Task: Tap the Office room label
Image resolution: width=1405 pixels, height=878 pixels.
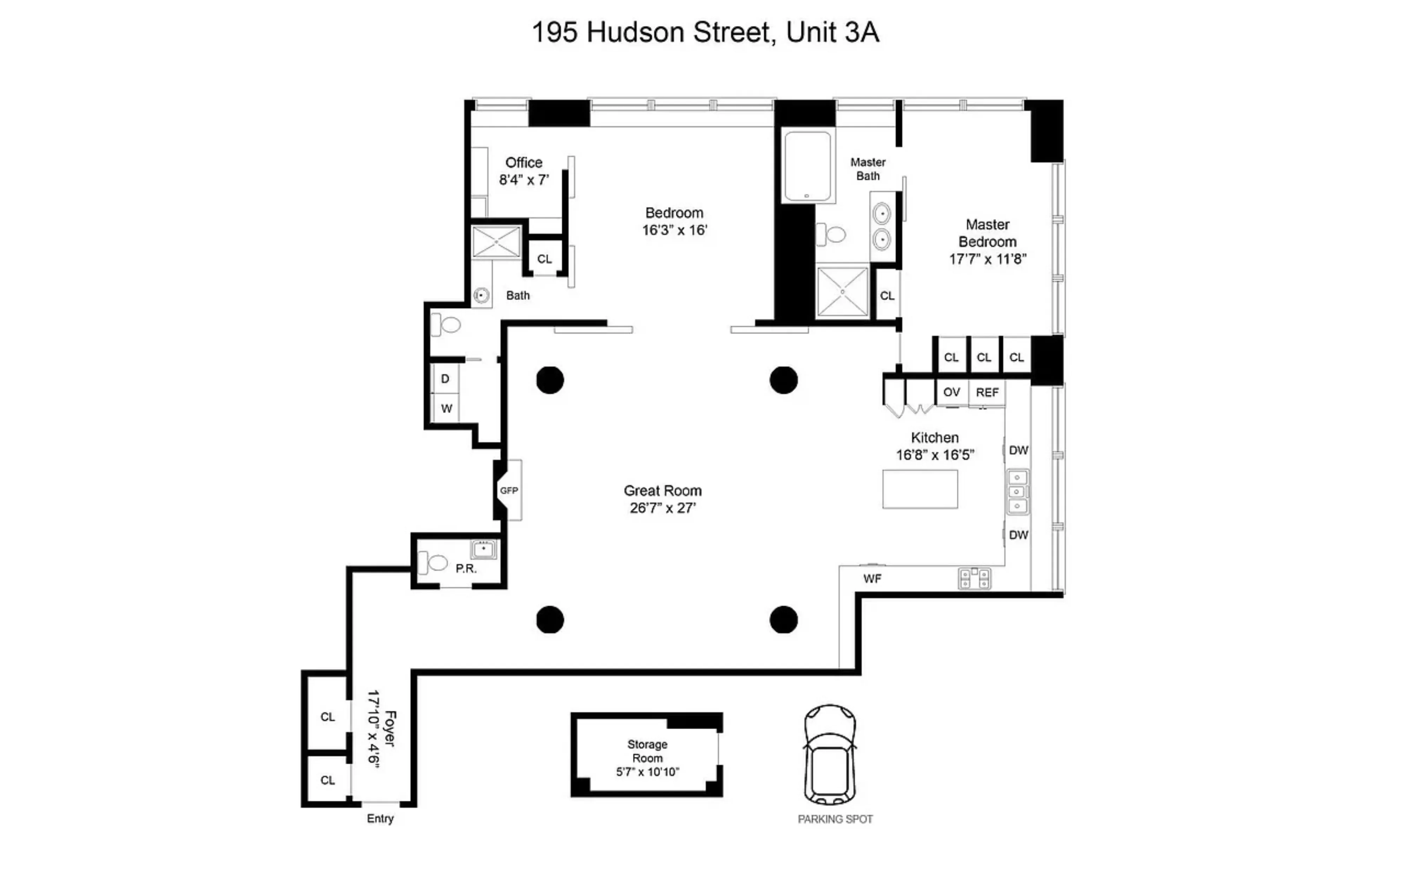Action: click(524, 163)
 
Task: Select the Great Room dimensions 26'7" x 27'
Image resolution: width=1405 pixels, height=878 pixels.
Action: click(662, 508)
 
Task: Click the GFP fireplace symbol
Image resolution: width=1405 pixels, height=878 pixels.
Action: click(509, 491)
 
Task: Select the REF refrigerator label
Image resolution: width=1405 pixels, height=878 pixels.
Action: click(987, 393)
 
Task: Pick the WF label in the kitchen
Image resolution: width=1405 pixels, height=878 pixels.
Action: click(872, 578)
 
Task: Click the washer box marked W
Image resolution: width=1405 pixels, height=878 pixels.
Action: click(446, 408)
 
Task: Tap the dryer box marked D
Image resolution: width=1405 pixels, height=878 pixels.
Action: click(445, 379)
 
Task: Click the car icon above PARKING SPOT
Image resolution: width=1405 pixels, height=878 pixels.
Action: click(830, 755)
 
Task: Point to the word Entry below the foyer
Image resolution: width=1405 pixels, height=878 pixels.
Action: click(380, 818)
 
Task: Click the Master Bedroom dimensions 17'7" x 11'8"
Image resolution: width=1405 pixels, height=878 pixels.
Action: click(988, 259)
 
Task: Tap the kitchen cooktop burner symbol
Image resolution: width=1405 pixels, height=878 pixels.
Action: click(974, 578)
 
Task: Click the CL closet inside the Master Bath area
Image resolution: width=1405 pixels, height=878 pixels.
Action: click(887, 296)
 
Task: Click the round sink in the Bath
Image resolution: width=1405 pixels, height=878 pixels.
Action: click(481, 296)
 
